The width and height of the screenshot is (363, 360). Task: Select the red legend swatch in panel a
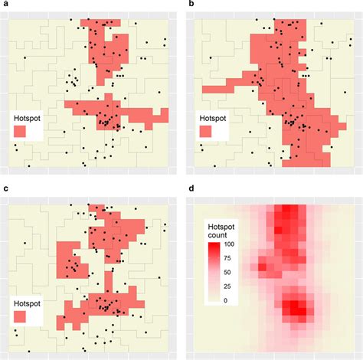[20, 132]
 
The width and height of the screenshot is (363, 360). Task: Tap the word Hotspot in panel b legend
[213, 119]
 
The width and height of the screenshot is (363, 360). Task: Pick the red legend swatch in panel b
[205, 132]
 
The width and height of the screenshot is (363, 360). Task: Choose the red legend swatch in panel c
[20, 316]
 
